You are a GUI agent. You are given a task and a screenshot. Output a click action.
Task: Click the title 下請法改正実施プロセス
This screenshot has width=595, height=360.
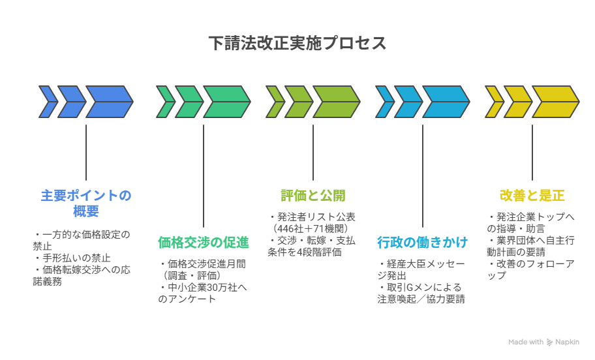(297, 43)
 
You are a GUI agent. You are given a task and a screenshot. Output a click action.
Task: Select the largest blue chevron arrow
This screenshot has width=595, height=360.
(110, 102)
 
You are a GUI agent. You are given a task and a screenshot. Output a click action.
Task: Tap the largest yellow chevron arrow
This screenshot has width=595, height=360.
(556, 102)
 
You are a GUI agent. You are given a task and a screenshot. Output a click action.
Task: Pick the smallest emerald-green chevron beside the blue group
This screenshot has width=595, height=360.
(166, 102)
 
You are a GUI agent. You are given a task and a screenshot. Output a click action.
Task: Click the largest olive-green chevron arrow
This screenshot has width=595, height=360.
(336, 102)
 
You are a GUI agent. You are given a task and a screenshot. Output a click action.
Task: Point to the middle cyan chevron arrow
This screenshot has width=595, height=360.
(408, 102)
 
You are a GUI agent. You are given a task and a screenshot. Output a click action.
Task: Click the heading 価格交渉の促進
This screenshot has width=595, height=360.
(204, 243)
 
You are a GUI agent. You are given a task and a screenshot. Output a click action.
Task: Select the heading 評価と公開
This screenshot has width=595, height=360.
(313, 196)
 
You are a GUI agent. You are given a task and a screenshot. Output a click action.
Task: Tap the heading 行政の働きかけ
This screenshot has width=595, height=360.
(422, 243)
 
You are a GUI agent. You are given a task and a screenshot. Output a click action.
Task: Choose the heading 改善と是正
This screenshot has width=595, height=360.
(532, 196)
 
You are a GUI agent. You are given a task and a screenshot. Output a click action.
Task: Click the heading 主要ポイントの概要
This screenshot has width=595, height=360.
(86, 203)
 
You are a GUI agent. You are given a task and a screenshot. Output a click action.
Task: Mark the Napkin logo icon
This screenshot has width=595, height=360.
(549, 342)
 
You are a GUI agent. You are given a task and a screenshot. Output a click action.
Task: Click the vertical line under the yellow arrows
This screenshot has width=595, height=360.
(532, 153)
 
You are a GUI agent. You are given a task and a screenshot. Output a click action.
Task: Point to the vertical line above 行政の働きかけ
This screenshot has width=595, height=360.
(422, 176)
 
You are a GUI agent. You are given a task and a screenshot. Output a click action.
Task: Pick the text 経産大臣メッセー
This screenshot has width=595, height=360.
(425, 264)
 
